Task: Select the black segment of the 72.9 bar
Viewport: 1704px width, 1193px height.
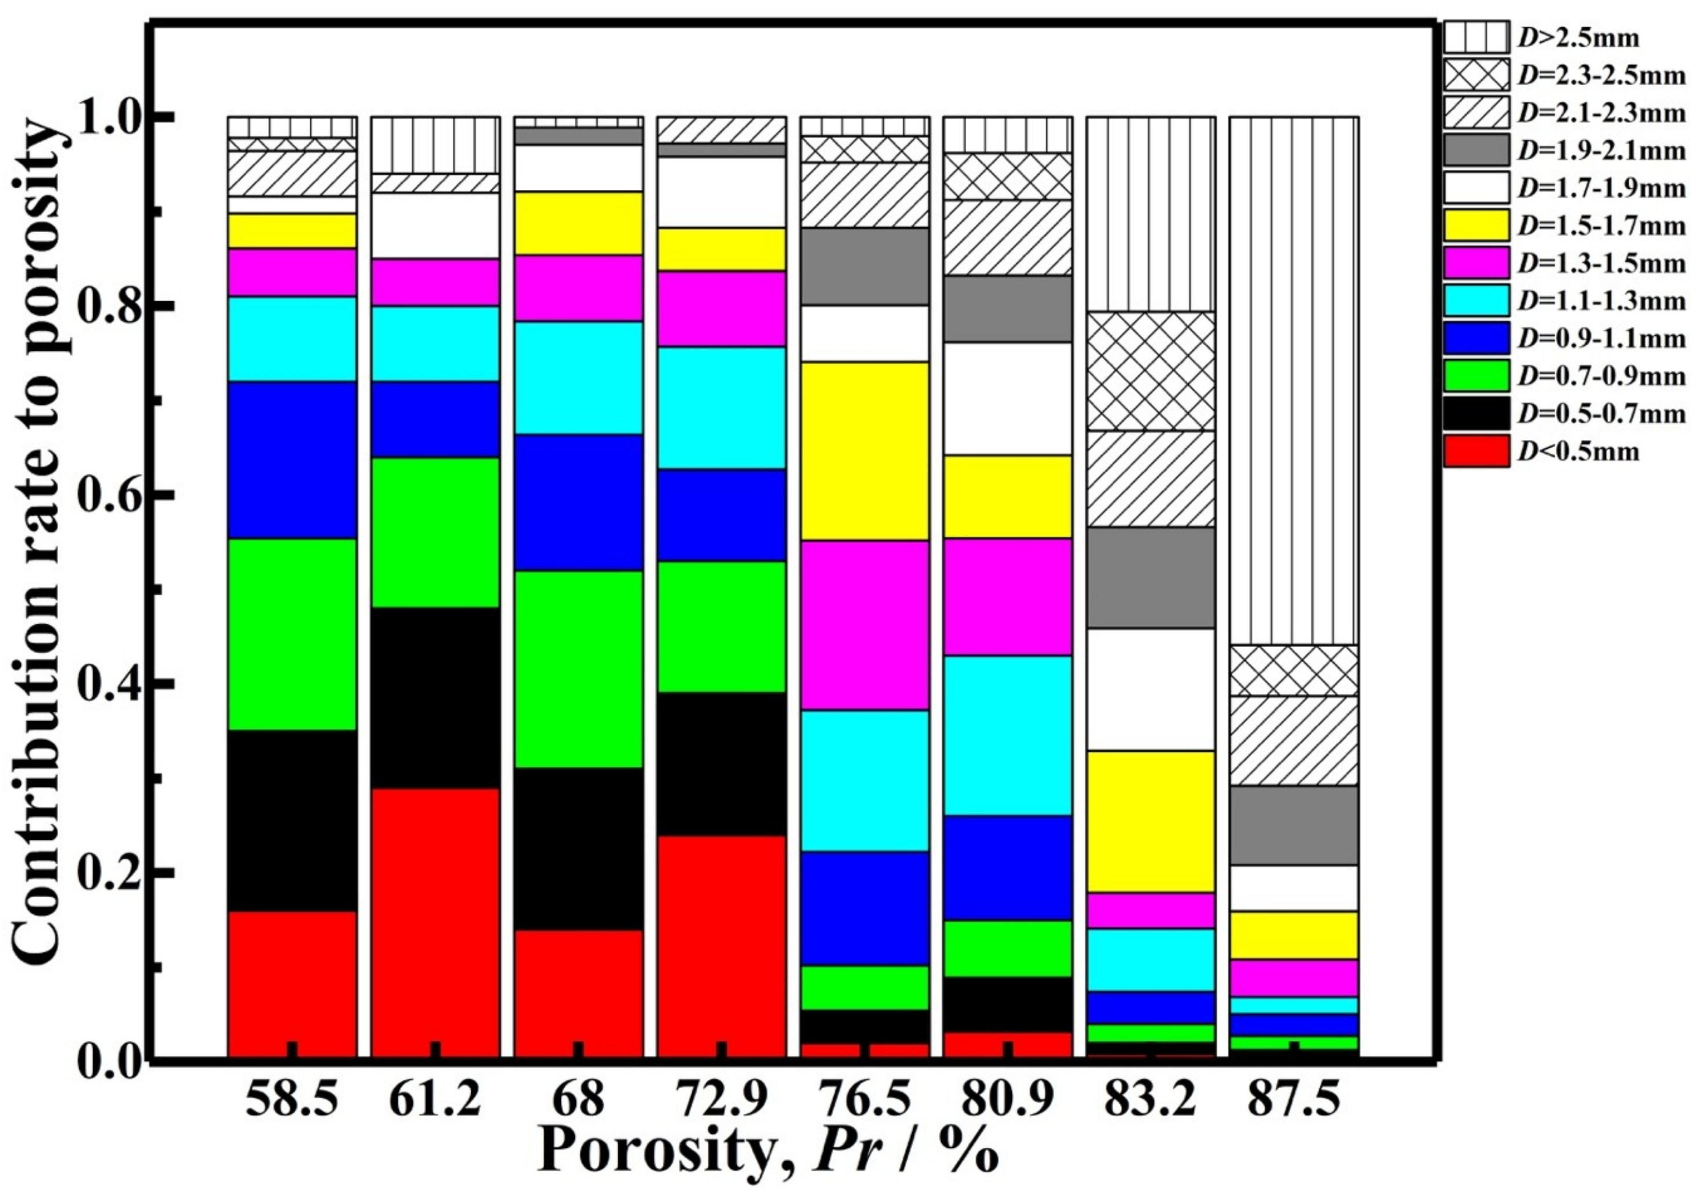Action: (x=721, y=764)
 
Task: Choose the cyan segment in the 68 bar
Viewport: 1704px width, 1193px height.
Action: (x=578, y=377)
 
